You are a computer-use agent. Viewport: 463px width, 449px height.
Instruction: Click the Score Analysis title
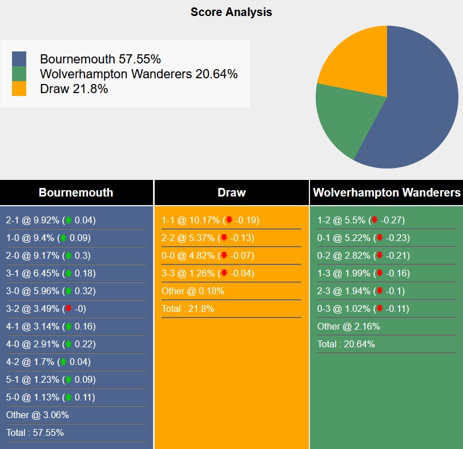tap(231, 12)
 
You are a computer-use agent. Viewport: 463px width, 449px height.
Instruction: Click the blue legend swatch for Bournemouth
tap(19, 59)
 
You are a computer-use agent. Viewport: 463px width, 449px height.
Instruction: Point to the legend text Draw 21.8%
tap(74, 89)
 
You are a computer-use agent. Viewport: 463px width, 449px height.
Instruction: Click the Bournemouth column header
tap(76, 193)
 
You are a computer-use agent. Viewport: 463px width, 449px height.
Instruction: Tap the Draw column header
tap(231, 193)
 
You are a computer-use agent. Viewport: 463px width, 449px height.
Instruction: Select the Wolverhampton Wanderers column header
tap(386, 193)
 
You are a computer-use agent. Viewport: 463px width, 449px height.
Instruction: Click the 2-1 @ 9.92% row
tap(51, 221)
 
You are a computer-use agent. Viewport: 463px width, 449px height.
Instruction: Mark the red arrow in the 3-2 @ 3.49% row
tap(68, 309)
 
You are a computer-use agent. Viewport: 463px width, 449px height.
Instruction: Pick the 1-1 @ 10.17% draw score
tap(211, 221)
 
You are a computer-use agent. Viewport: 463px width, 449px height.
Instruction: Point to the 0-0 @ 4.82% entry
tap(208, 256)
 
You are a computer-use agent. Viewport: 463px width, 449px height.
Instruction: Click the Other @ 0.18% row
tap(193, 291)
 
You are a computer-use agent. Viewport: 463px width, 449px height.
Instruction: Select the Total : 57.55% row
tap(35, 433)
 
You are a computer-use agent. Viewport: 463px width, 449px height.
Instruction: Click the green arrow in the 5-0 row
tap(68, 398)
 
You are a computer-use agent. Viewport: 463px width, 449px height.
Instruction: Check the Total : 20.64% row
tap(346, 344)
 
